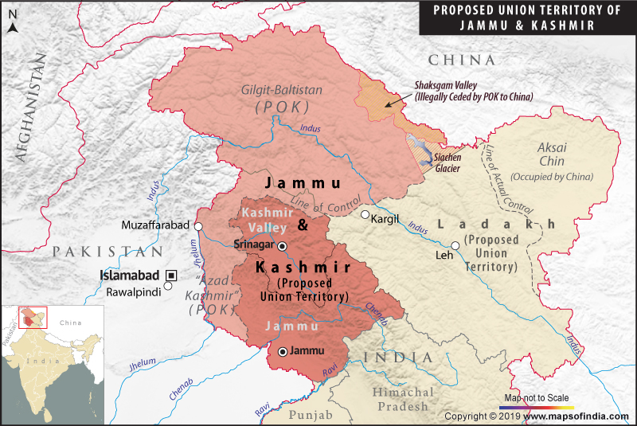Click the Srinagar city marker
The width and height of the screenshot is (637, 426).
tap(281, 245)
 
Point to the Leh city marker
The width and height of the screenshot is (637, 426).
tap(455, 245)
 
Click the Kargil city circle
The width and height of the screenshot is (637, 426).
tap(365, 215)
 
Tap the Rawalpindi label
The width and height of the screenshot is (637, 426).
tap(134, 291)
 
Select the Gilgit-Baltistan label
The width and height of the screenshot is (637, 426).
tap(283, 90)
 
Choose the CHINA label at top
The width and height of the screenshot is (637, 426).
tap(461, 61)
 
